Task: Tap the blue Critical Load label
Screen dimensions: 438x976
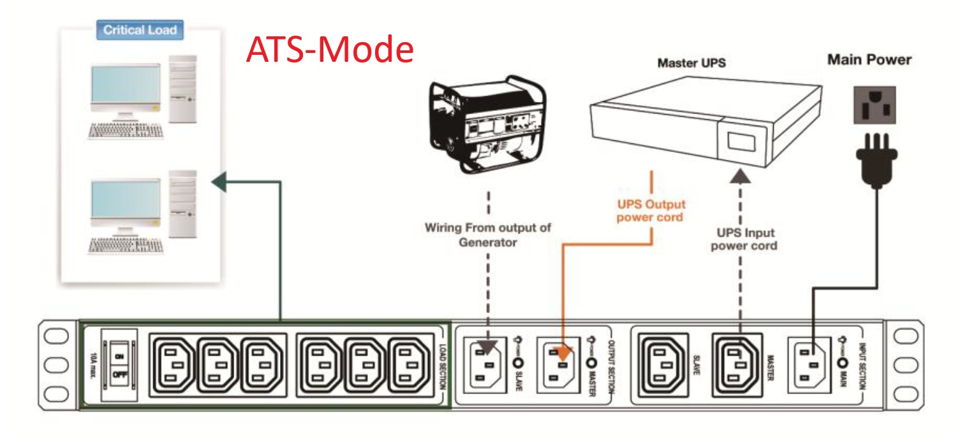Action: [x=140, y=29]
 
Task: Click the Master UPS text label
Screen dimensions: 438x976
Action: [x=691, y=63]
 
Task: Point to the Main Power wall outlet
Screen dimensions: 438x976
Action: [x=875, y=105]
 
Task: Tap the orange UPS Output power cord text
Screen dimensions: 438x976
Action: [x=651, y=210]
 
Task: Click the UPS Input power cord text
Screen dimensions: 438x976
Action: [x=744, y=239]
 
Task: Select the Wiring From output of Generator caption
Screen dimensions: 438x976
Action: [x=487, y=235]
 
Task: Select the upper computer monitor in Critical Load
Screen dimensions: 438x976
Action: [x=121, y=88]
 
